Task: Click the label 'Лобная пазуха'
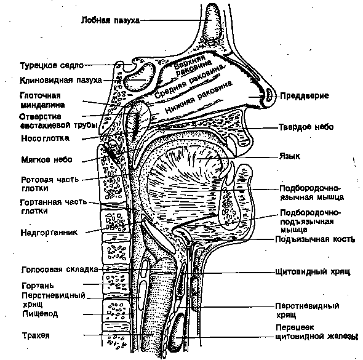pyautogui.click(x=110, y=20)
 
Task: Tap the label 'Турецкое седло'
pyautogui.click(x=52, y=65)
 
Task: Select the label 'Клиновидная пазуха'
pyautogui.click(x=61, y=81)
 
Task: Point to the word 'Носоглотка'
pyautogui.click(x=45, y=138)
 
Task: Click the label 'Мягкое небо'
pyautogui.click(x=47, y=160)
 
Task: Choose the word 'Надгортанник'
pyautogui.click(x=49, y=233)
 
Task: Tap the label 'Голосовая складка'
pyautogui.click(x=60, y=270)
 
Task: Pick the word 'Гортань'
pyautogui.click(x=38, y=286)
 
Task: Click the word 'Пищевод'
pyautogui.click(x=40, y=314)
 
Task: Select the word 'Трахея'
pyautogui.click(x=36, y=335)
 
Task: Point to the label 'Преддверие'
pyautogui.click(x=304, y=95)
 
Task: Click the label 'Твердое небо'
pyautogui.click(x=306, y=127)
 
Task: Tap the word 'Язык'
pyautogui.click(x=289, y=156)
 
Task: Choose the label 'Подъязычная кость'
pyautogui.click(x=315, y=239)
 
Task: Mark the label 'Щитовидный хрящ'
pyautogui.click(x=313, y=271)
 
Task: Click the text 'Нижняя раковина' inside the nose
pyautogui.click(x=198, y=97)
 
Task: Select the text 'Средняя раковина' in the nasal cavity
pyautogui.click(x=189, y=82)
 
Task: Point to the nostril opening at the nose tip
pyautogui.click(x=269, y=95)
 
